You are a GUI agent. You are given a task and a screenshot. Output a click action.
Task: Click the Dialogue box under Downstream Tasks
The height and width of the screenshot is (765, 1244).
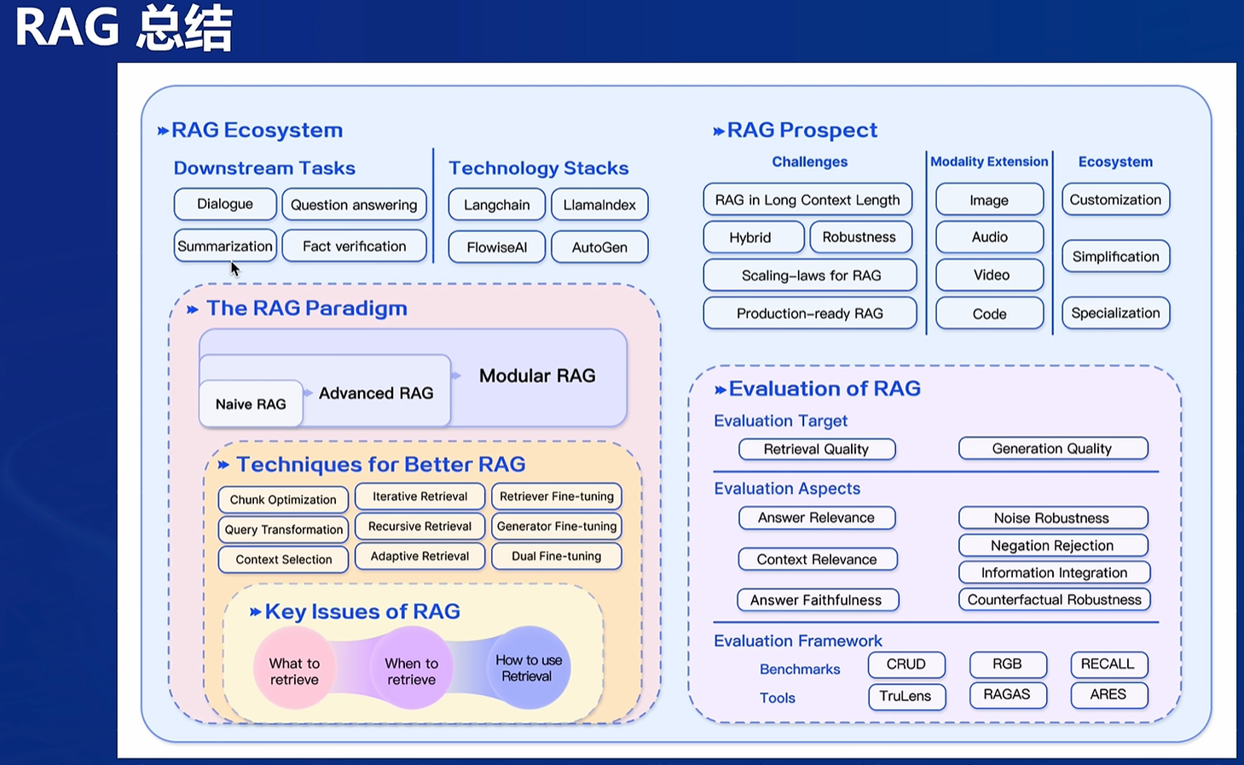click(x=225, y=204)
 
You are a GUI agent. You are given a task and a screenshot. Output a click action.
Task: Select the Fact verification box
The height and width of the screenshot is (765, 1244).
click(x=354, y=246)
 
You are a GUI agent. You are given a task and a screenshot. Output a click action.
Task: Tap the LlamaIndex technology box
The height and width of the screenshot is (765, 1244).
click(x=599, y=205)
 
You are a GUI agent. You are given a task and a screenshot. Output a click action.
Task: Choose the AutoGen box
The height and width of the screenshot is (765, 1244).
click(x=599, y=247)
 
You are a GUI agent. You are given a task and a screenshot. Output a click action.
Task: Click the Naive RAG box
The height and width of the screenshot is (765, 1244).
click(x=251, y=404)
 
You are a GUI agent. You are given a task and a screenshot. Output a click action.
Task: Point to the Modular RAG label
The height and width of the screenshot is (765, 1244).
click(x=537, y=376)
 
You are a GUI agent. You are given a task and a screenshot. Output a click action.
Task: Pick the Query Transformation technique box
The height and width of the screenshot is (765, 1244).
click(x=283, y=530)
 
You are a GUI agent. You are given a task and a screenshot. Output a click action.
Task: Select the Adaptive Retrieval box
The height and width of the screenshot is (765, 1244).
click(x=419, y=556)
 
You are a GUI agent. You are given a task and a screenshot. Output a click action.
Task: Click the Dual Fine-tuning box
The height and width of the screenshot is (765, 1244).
click(x=556, y=556)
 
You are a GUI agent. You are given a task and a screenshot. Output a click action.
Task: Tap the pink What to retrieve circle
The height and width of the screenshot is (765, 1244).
click(x=294, y=670)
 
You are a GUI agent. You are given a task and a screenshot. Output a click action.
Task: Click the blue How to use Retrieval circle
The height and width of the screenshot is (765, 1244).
click(x=529, y=668)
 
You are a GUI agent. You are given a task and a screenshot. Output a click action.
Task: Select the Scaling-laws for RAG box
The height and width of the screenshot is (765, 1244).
click(x=810, y=275)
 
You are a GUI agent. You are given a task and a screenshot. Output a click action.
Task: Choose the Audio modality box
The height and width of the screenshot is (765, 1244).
click(x=989, y=237)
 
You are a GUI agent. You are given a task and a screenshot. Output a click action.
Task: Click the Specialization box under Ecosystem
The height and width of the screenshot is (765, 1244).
click(x=1115, y=313)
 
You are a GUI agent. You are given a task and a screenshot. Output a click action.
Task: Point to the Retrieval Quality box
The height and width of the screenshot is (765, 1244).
click(x=816, y=449)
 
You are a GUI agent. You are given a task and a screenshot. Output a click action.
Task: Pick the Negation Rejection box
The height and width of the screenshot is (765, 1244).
click(x=1052, y=546)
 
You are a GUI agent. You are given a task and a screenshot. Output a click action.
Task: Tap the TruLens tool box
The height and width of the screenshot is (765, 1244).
click(x=906, y=696)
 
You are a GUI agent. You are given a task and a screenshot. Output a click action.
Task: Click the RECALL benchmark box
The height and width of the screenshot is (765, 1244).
click(x=1108, y=664)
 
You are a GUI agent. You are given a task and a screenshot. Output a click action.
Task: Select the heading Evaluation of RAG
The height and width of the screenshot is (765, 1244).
click(x=825, y=389)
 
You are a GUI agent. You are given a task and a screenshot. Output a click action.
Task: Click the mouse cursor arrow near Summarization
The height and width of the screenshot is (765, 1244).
click(x=234, y=269)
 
